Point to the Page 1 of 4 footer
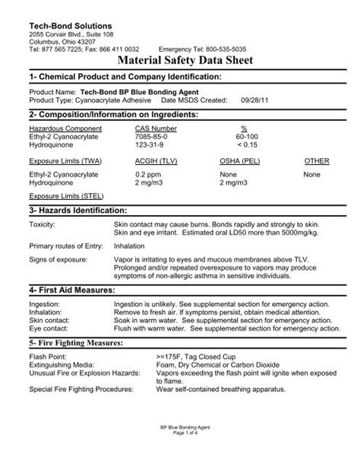(x=180, y=454)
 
